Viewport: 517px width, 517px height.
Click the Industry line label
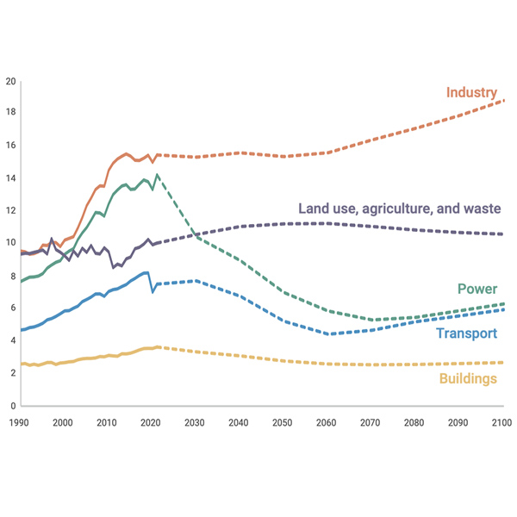click(x=471, y=92)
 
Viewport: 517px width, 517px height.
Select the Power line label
click(x=477, y=289)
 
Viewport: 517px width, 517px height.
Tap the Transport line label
click(x=466, y=333)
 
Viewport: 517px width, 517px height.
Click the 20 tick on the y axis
click(x=10, y=82)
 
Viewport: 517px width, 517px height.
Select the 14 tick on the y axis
click(x=10, y=178)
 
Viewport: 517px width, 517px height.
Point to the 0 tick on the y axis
click(x=12, y=405)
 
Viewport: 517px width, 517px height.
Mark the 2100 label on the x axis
click(x=501, y=422)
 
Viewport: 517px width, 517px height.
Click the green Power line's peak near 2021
click(x=157, y=176)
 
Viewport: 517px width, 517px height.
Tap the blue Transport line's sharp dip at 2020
click(x=153, y=292)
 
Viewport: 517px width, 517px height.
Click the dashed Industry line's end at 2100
click(x=503, y=101)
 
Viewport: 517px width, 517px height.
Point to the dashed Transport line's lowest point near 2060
click(x=328, y=333)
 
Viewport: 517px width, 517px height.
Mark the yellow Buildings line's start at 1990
click(x=22, y=364)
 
